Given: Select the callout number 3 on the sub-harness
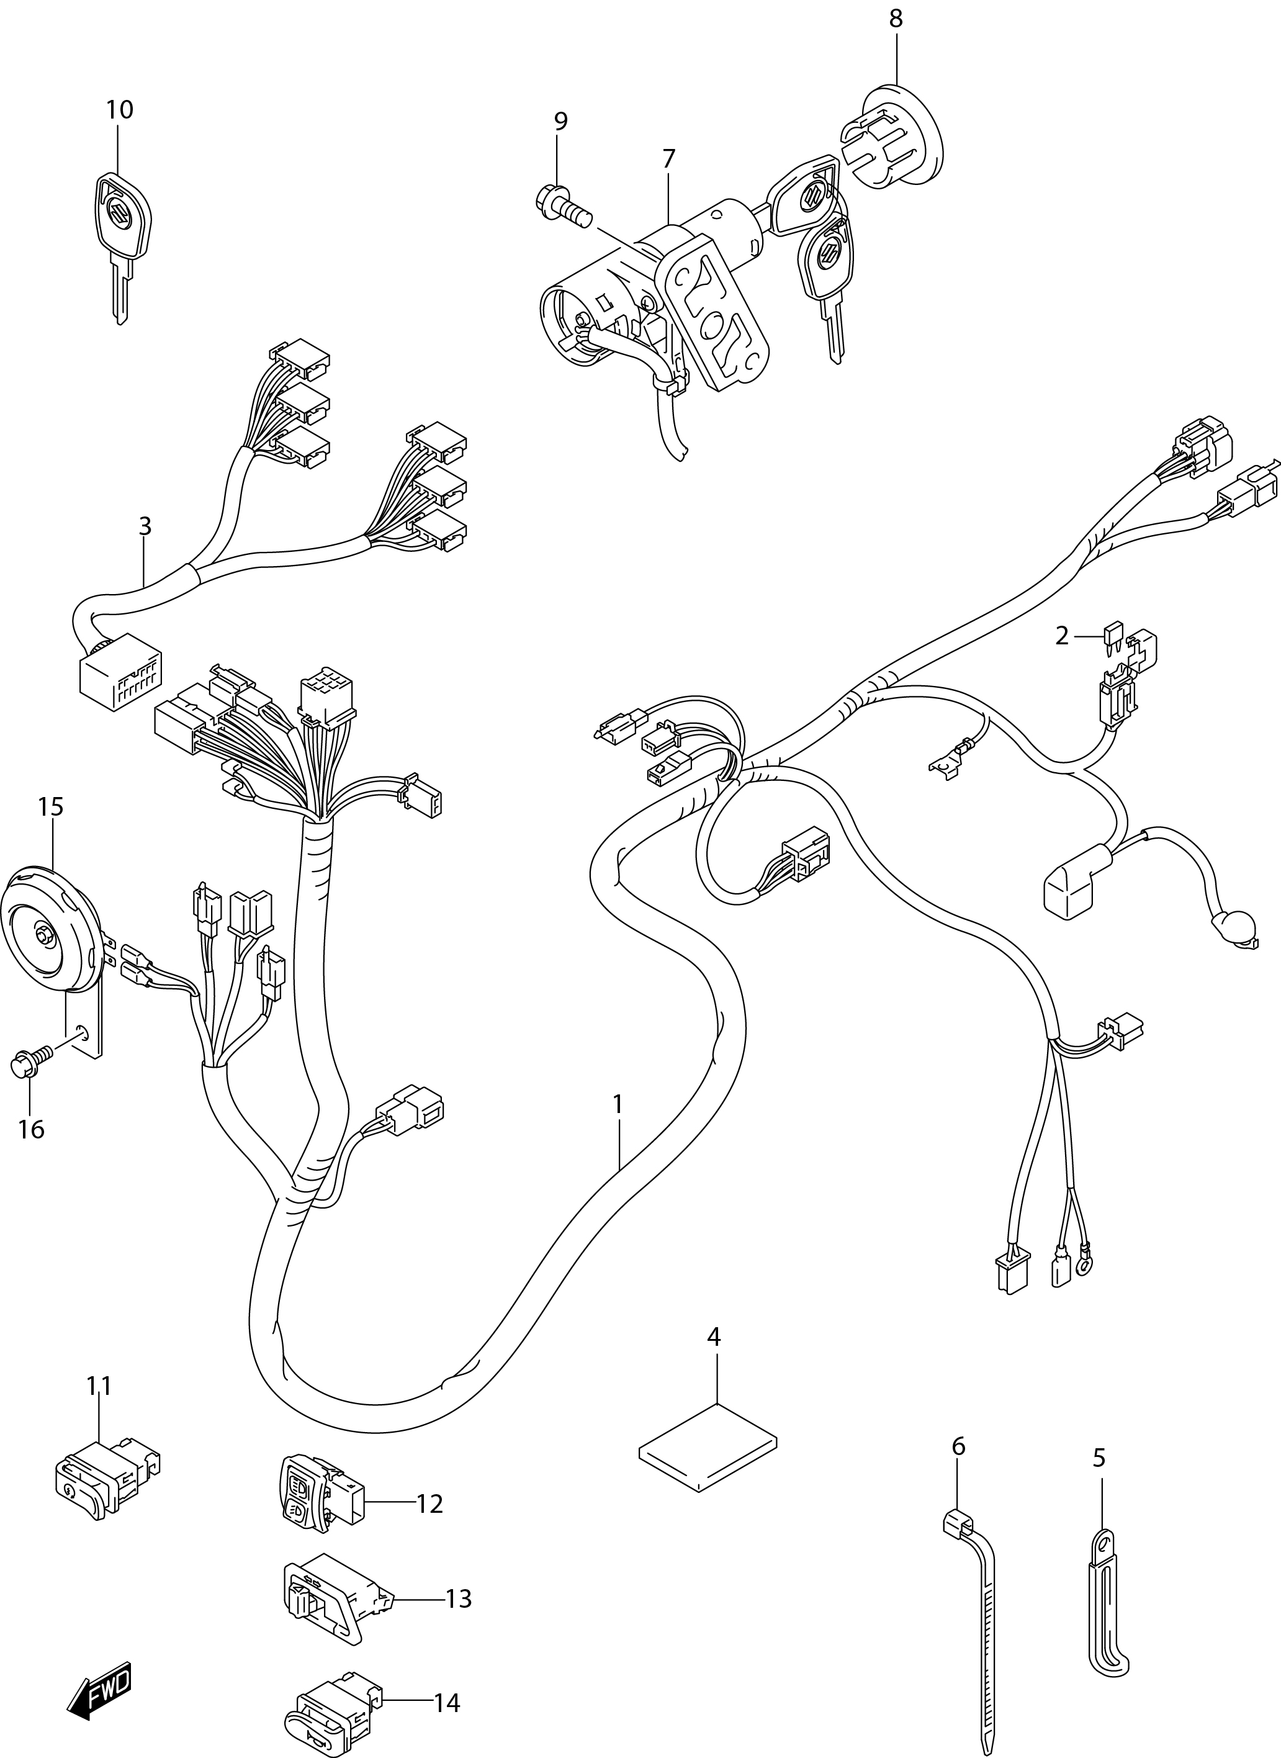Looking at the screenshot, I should [145, 526].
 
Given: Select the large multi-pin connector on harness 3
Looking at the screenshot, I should [121, 672].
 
